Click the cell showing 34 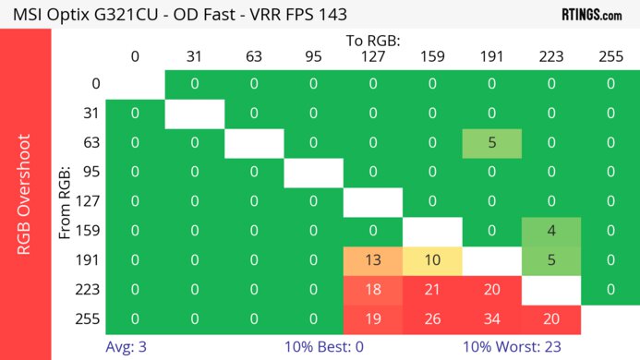(491, 318)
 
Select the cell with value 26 (432, 318)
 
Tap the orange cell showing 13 (373, 259)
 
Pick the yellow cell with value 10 (432, 259)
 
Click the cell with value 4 (551, 230)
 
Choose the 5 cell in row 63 (491, 143)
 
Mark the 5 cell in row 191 (551, 259)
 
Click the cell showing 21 (432, 289)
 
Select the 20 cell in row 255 (551, 318)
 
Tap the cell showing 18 (373, 289)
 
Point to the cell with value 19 (373, 318)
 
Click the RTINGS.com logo (591, 14)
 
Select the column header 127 (373, 56)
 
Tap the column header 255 (610, 56)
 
